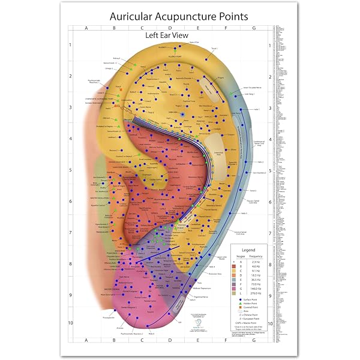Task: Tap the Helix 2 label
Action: (x=261, y=162)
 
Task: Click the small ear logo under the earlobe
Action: (x=199, y=322)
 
